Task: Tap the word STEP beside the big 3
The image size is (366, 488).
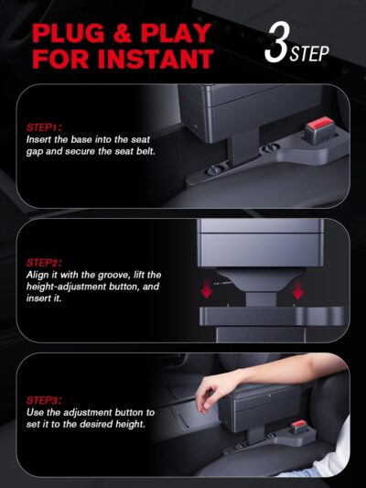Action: (x=310, y=51)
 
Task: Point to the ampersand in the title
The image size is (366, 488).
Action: (x=129, y=34)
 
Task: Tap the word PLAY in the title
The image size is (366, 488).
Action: (x=178, y=34)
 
